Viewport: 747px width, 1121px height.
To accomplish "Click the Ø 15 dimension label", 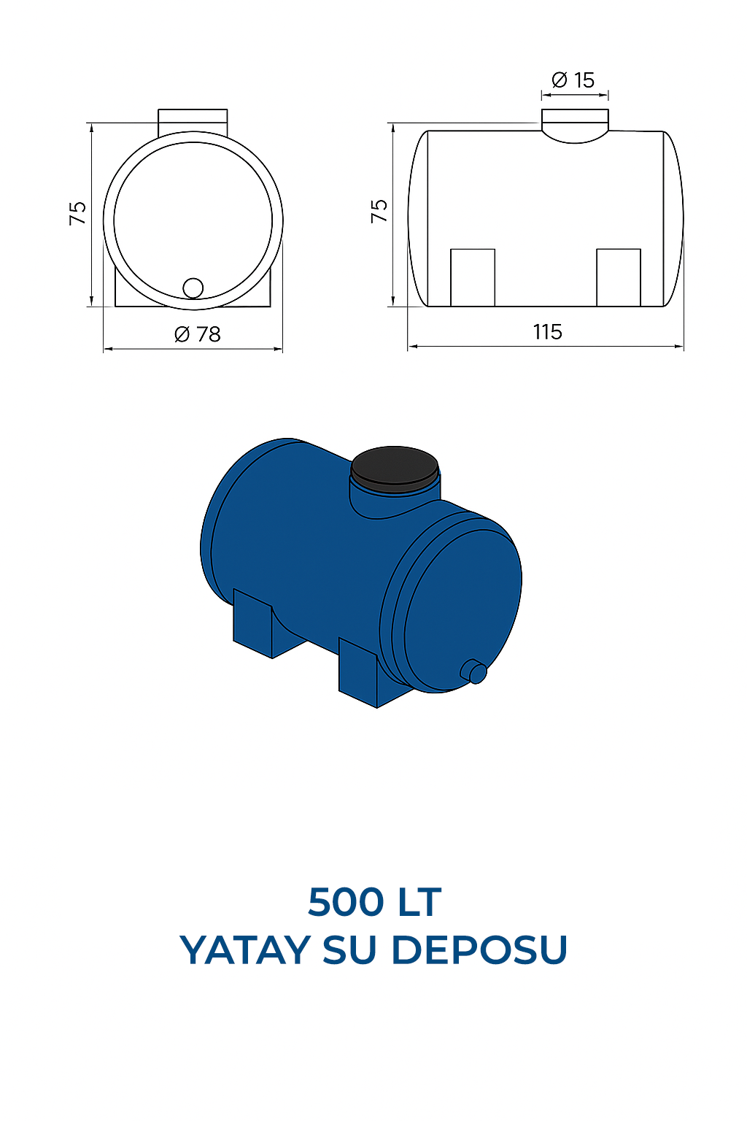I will click(x=573, y=80).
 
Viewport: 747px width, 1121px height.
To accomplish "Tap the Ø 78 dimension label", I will click(x=198, y=334).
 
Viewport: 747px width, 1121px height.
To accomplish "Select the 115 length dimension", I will click(x=547, y=332).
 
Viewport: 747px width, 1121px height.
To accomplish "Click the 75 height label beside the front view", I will click(x=78, y=213).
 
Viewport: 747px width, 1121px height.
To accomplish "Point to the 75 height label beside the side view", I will click(x=379, y=211).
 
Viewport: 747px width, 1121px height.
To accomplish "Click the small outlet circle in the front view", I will click(x=193, y=288).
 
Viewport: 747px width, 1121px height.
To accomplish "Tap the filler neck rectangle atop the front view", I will click(x=193, y=120).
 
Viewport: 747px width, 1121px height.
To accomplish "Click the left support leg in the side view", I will click(x=473, y=277).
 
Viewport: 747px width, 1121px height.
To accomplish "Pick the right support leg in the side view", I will click(x=619, y=277).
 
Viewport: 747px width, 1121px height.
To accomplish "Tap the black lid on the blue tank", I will click(x=395, y=466).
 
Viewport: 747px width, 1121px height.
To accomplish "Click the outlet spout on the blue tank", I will click(x=475, y=671).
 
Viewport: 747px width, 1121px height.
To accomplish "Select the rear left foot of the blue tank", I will click(x=252, y=625).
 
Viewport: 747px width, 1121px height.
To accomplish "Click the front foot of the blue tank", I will click(x=358, y=674).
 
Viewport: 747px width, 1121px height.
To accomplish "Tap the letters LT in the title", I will click(x=419, y=902).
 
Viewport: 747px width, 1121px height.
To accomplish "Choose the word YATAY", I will click(x=245, y=950).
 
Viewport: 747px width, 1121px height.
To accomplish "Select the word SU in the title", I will click(x=351, y=950).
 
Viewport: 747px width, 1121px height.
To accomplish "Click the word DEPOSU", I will click(x=479, y=950).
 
